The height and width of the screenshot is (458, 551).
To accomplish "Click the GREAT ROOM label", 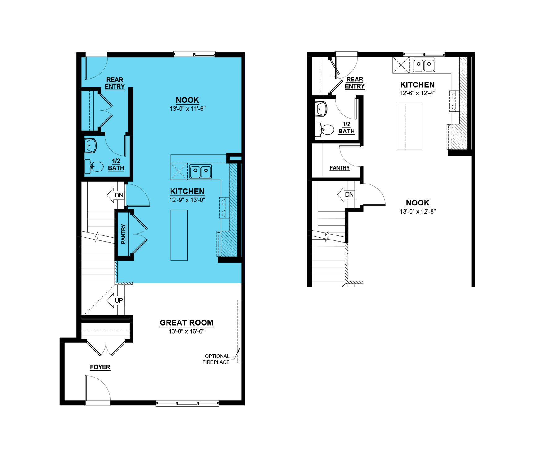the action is click(x=186, y=323).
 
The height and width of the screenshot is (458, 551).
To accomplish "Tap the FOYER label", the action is click(x=100, y=367).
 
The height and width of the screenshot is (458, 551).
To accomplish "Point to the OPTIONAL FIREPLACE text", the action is click(x=216, y=359).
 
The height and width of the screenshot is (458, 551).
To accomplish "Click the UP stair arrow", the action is click(x=115, y=300).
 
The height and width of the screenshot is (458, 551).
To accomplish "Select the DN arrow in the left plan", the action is click(x=115, y=195).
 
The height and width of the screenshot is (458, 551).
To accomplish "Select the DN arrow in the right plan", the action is click(x=346, y=195).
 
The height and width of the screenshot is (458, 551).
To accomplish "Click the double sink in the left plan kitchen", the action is click(x=201, y=171).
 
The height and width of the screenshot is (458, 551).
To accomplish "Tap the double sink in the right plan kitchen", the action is click(x=424, y=65).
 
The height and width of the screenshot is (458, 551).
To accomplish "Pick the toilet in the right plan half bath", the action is click(x=324, y=130).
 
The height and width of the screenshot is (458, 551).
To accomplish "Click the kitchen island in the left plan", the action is click(x=179, y=235).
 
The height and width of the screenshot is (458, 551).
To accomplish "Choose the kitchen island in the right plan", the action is click(x=409, y=127).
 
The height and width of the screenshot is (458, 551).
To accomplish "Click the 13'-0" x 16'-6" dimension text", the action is click(x=186, y=331).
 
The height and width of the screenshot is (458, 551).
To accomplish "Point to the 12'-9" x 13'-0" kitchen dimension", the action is click(x=187, y=200).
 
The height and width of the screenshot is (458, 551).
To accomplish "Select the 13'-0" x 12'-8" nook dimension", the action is click(x=418, y=211).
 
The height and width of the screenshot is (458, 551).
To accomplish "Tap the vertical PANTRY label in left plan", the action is click(x=123, y=234).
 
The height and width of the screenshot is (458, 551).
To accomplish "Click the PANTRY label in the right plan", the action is click(x=340, y=168).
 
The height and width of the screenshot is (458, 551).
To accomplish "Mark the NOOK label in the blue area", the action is click(x=187, y=100).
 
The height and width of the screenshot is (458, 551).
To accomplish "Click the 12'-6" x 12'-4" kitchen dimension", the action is click(x=417, y=93).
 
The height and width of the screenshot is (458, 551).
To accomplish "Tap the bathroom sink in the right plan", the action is click(x=321, y=109).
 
